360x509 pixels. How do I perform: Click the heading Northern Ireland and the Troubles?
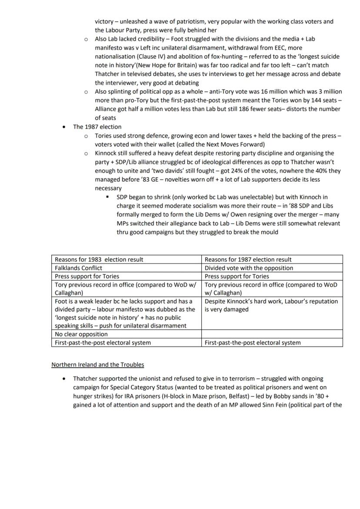97,364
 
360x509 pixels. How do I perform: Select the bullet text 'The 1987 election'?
97,127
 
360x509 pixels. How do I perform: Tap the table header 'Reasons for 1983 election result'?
99,259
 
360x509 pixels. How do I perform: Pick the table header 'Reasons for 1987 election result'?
248,259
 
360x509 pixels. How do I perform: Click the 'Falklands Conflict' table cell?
79,268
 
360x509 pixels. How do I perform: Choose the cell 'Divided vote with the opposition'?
249,268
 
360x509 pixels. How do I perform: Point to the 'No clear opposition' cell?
81,334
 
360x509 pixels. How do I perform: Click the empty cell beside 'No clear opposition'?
273,334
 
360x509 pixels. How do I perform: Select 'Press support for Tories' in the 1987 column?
237,276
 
